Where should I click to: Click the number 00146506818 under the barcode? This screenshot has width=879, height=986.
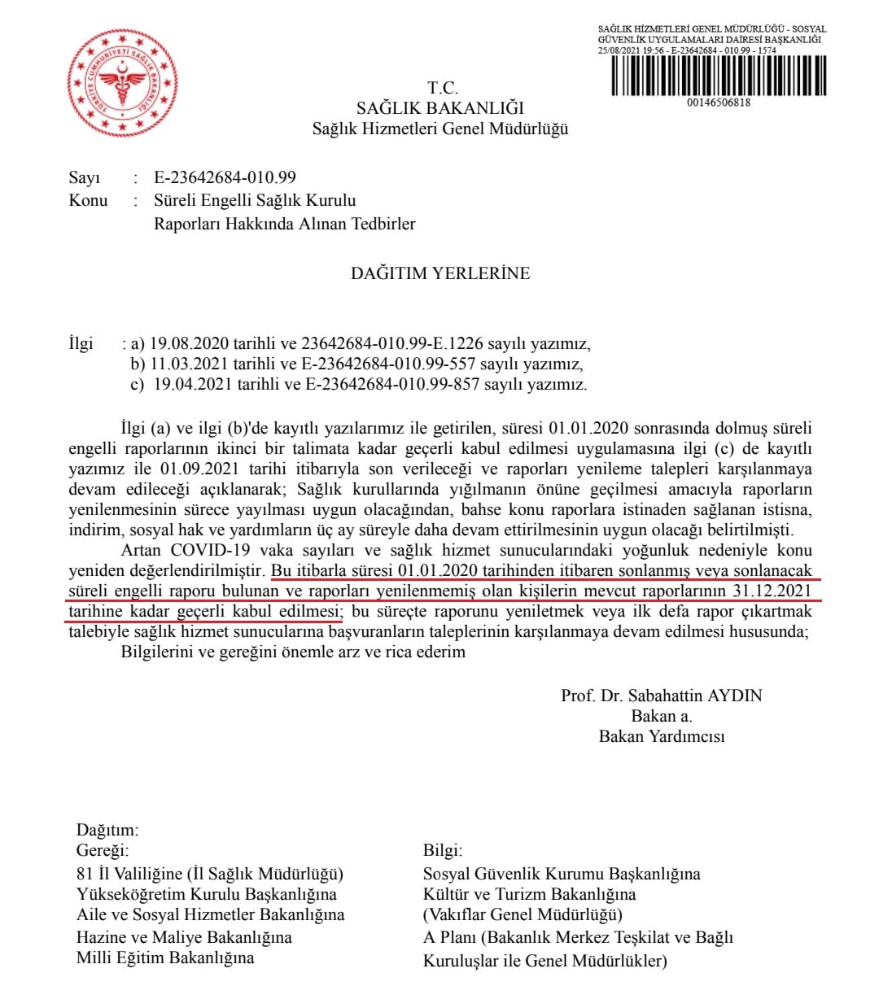[x=719, y=103]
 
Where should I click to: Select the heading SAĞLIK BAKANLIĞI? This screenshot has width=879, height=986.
[x=440, y=108]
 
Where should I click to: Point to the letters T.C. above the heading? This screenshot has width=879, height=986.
[x=443, y=88]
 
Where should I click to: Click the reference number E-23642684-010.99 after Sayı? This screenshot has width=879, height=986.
[x=225, y=177]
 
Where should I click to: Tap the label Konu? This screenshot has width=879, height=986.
[x=88, y=200]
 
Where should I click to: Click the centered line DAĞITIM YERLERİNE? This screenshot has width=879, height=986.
[x=440, y=273]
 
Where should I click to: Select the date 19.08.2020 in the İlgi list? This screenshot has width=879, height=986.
[x=185, y=343]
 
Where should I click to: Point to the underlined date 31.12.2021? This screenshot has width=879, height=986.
[x=770, y=589]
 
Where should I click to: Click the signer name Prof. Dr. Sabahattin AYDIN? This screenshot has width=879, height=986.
[x=661, y=696]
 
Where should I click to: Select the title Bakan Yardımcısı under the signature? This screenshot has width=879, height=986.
[x=661, y=737]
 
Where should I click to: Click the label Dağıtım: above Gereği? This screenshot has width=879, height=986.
[x=108, y=831]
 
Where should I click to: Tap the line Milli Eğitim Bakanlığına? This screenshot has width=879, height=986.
[x=165, y=958]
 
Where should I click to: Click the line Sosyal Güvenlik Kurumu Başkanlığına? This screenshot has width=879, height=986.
[x=562, y=874]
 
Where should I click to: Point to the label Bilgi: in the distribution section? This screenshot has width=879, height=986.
[x=443, y=851]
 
